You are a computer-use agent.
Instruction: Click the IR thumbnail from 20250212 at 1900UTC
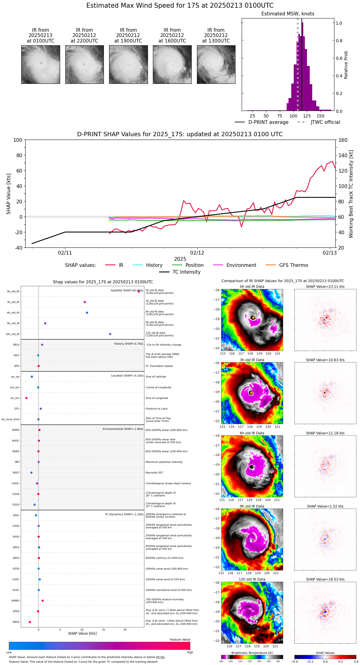[128, 64]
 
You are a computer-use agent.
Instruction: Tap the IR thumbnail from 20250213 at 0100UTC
[41, 64]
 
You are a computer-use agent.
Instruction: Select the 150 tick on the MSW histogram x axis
[321, 116]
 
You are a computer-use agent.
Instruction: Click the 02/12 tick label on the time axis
[197, 253]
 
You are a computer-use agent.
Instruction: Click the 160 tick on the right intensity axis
[343, 140]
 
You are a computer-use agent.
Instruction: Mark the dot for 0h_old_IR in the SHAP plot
[139, 291]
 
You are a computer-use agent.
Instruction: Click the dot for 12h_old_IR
[110, 334]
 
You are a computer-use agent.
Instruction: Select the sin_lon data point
[27, 398]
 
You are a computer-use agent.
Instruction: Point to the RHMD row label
[15, 601]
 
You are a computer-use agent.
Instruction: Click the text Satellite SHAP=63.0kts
[127, 291]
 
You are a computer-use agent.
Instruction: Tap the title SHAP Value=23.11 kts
[325, 287]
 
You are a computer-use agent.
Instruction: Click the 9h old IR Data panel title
[252, 506]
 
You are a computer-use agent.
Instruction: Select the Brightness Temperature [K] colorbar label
[252, 653]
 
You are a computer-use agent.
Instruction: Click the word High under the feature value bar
[190, 652]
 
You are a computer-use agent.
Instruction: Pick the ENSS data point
[30, 622]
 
